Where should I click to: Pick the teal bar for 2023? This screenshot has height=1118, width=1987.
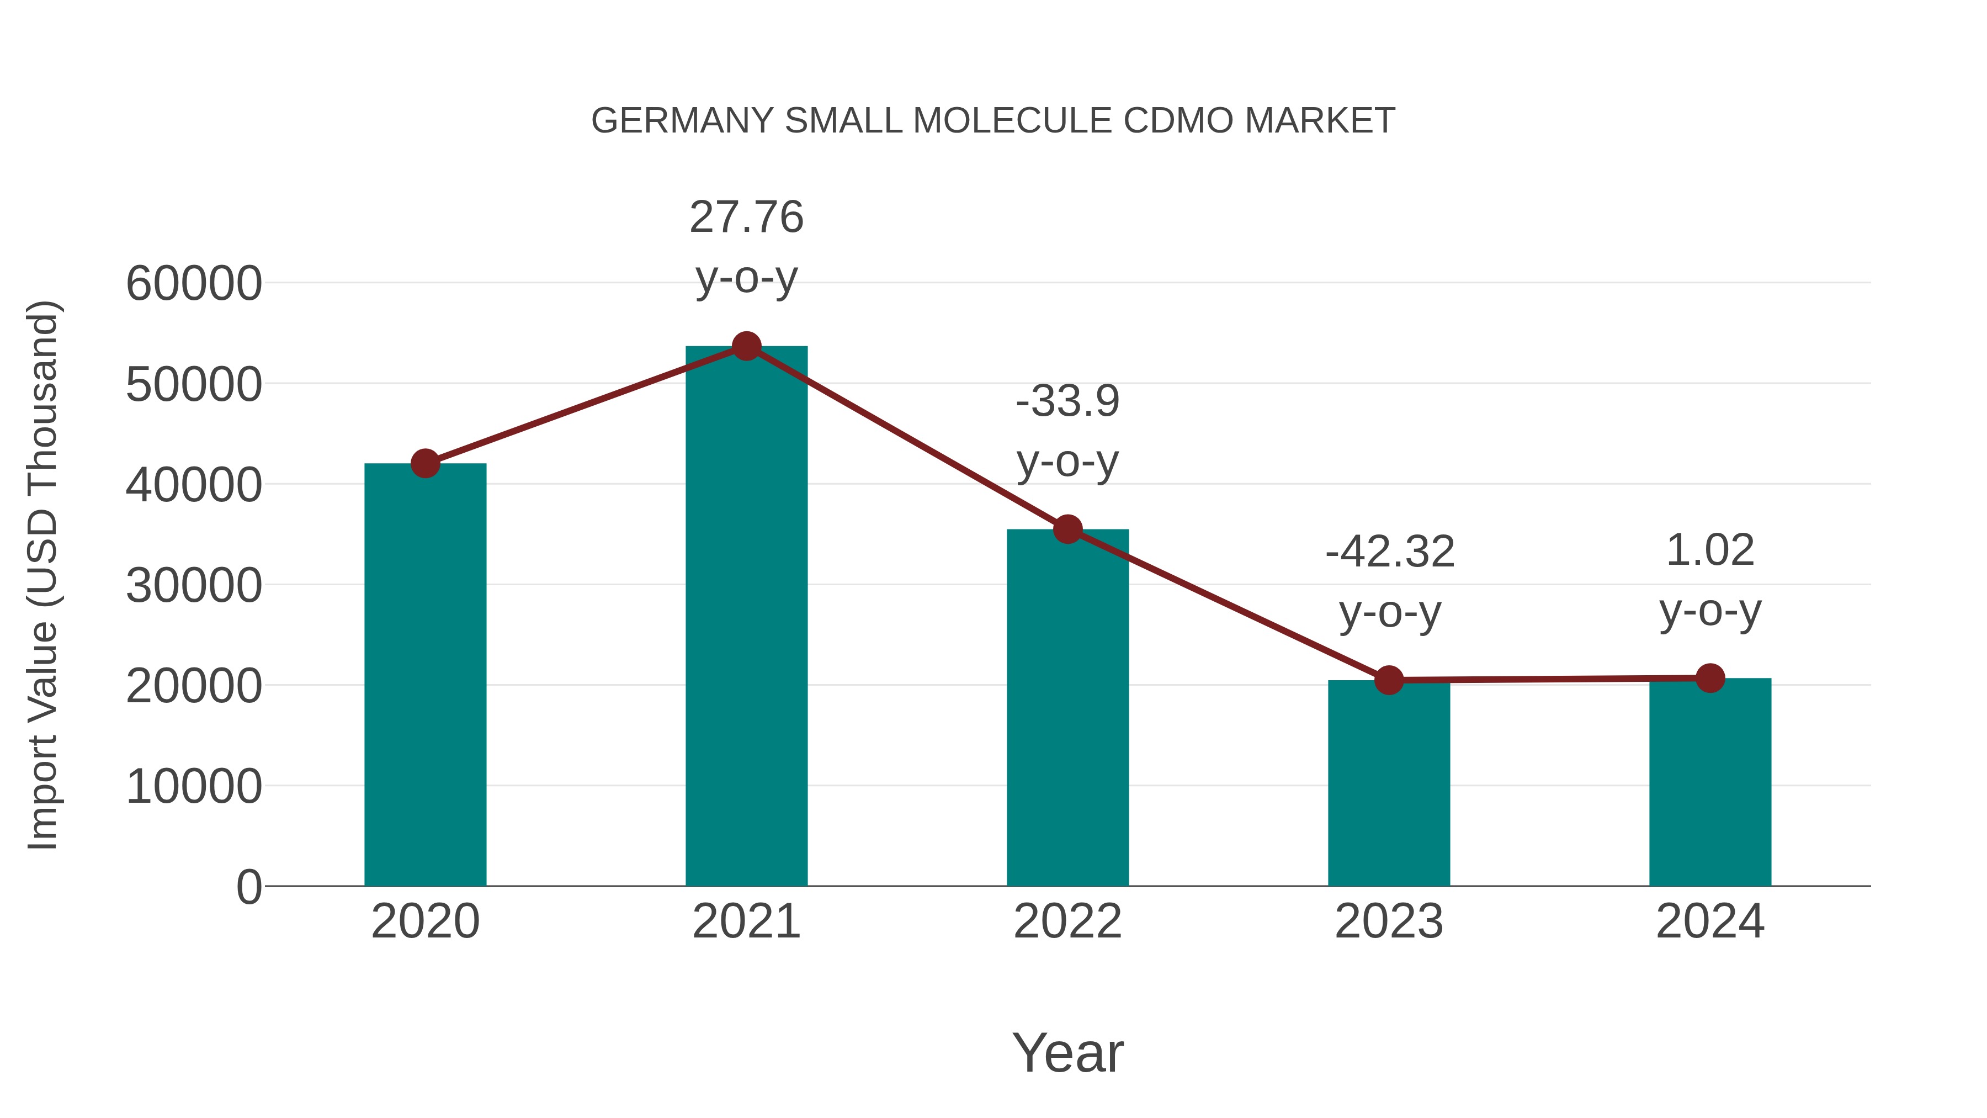pyautogui.click(x=1389, y=782)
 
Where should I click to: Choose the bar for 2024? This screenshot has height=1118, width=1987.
pyautogui.click(x=1710, y=782)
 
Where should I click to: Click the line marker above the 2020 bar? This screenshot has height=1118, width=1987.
pyautogui.click(x=425, y=464)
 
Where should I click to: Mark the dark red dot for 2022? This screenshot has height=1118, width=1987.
pyautogui.click(x=1067, y=529)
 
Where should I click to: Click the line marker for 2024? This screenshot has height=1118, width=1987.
pyautogui.click(x=1710, y=678)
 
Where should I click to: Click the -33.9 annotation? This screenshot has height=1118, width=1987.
pyautogui.click(x=1067, y=401)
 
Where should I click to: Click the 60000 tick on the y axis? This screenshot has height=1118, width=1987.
pyautogui.click(x=194, y=283)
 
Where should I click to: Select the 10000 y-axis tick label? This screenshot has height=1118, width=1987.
pyautogui.click(x=194, y=786)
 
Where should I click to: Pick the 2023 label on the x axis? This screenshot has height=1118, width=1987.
pyautogui.click(x=1389, y=921)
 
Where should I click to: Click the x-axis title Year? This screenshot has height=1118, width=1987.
pyautogui.click(x=1067, y=1052)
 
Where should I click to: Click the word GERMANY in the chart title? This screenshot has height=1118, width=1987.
pyautogui.click(x=682, y=121)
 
